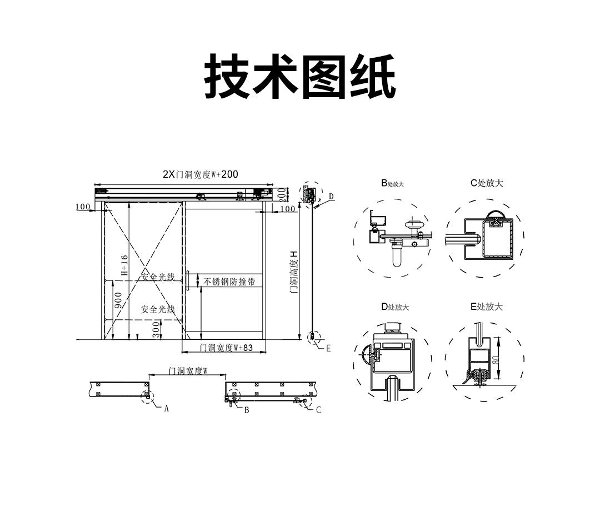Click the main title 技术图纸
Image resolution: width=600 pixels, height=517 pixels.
click(x=300, y=77)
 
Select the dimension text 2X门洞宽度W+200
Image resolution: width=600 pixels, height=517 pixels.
click(x=201, y=174)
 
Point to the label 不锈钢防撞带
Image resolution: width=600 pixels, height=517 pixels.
click(x=229, y=282)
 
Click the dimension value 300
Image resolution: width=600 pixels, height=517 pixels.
click(x=157, y=332)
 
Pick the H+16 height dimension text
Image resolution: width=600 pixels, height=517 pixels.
click(x=124, y=265)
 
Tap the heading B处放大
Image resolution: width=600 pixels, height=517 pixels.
click(x=392, y=183)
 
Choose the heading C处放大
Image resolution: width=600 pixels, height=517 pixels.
click(x=487, y=183)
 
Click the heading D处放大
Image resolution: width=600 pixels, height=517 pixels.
click(x=394, y=307)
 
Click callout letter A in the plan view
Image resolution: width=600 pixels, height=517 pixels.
click(x=166, y=408)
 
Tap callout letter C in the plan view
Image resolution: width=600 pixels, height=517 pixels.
click(x=318, y=410)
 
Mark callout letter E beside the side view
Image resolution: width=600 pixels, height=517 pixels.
click(x=328, y=348)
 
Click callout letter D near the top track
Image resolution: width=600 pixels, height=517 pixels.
click(x=331, y=196)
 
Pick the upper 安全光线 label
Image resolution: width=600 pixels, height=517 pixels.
click(x=157, y=277)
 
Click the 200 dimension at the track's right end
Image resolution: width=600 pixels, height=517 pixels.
click(x=282, y=194)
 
